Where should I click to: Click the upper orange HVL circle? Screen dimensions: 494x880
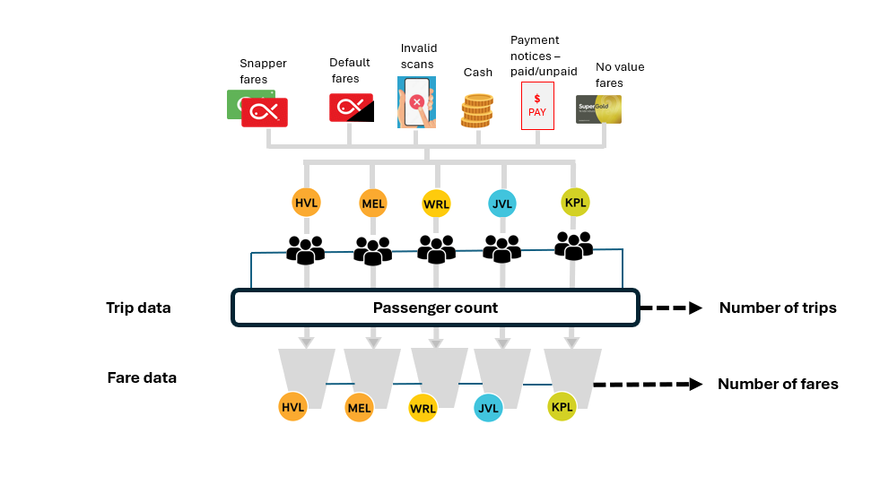click(x=306, y=203)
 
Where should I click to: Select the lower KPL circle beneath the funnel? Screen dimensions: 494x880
click(x=562, y=406)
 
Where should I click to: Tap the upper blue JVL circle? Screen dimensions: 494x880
click(x=502, y=204)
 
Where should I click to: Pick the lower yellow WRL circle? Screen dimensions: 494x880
click(x=423, y=408)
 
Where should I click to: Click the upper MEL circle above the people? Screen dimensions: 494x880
click(x=372, y=204)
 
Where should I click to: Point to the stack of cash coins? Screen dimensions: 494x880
click(x=477, y=111)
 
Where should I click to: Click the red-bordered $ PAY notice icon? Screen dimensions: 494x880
click(x=537, y=106)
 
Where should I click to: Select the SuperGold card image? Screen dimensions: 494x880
click(x=598, y=109)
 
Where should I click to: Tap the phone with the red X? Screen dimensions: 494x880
click(x=416, y=102)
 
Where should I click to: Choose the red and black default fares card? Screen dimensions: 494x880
click(x=351, y=108)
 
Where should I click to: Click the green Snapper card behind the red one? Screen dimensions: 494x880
click(x=236, y=104)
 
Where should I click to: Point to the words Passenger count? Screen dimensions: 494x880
click(x=435, y=308)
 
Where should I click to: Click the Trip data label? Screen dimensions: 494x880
click(x=138, y=308)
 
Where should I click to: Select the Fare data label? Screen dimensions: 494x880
click(x=142, y=377)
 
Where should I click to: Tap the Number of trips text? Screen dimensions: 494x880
click(x=778, y=308)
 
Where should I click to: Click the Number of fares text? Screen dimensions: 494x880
click(x=778, y=384)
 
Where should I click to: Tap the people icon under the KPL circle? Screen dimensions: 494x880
click(x=573, y=245)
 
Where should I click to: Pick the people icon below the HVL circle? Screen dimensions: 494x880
click(x=305, y=249)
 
